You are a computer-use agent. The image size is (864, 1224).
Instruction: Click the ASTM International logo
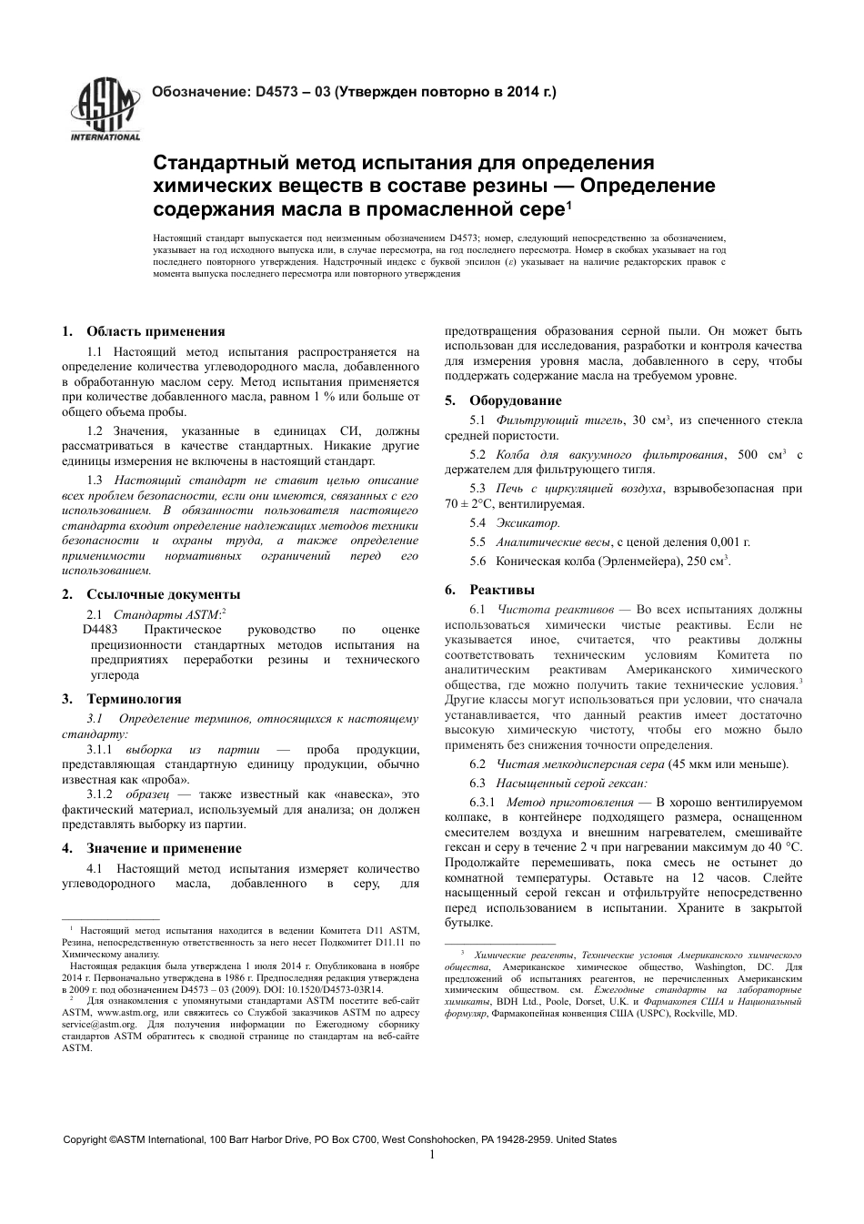pyautogui.click(x=105, y=111)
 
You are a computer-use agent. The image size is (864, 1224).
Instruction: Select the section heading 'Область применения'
pyautogui.click(x=156, y=331)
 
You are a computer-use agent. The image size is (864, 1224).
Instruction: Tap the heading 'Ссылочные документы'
pyautogui.click(x=164, y=594)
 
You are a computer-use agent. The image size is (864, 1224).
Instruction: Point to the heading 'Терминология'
pyautogui.click(x=134, y=699)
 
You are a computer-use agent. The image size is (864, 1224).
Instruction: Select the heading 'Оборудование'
pyautogui.click(x=515, y=400)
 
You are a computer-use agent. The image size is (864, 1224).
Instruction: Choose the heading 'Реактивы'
pyautogui.click(x=502, y=590)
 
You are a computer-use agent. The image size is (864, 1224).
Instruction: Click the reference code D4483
pyautogui.click(x=100, y=630)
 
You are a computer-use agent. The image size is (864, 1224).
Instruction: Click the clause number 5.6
pyautogui.click(x=477, y=561)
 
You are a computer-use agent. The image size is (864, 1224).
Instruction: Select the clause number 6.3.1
pyautogui.click(x=482, y=803)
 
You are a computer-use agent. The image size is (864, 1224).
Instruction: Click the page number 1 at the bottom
pyautogui.click(x=432, y=1154)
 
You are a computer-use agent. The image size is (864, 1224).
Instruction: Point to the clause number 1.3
pyautogui.click(x=95, y=480)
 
